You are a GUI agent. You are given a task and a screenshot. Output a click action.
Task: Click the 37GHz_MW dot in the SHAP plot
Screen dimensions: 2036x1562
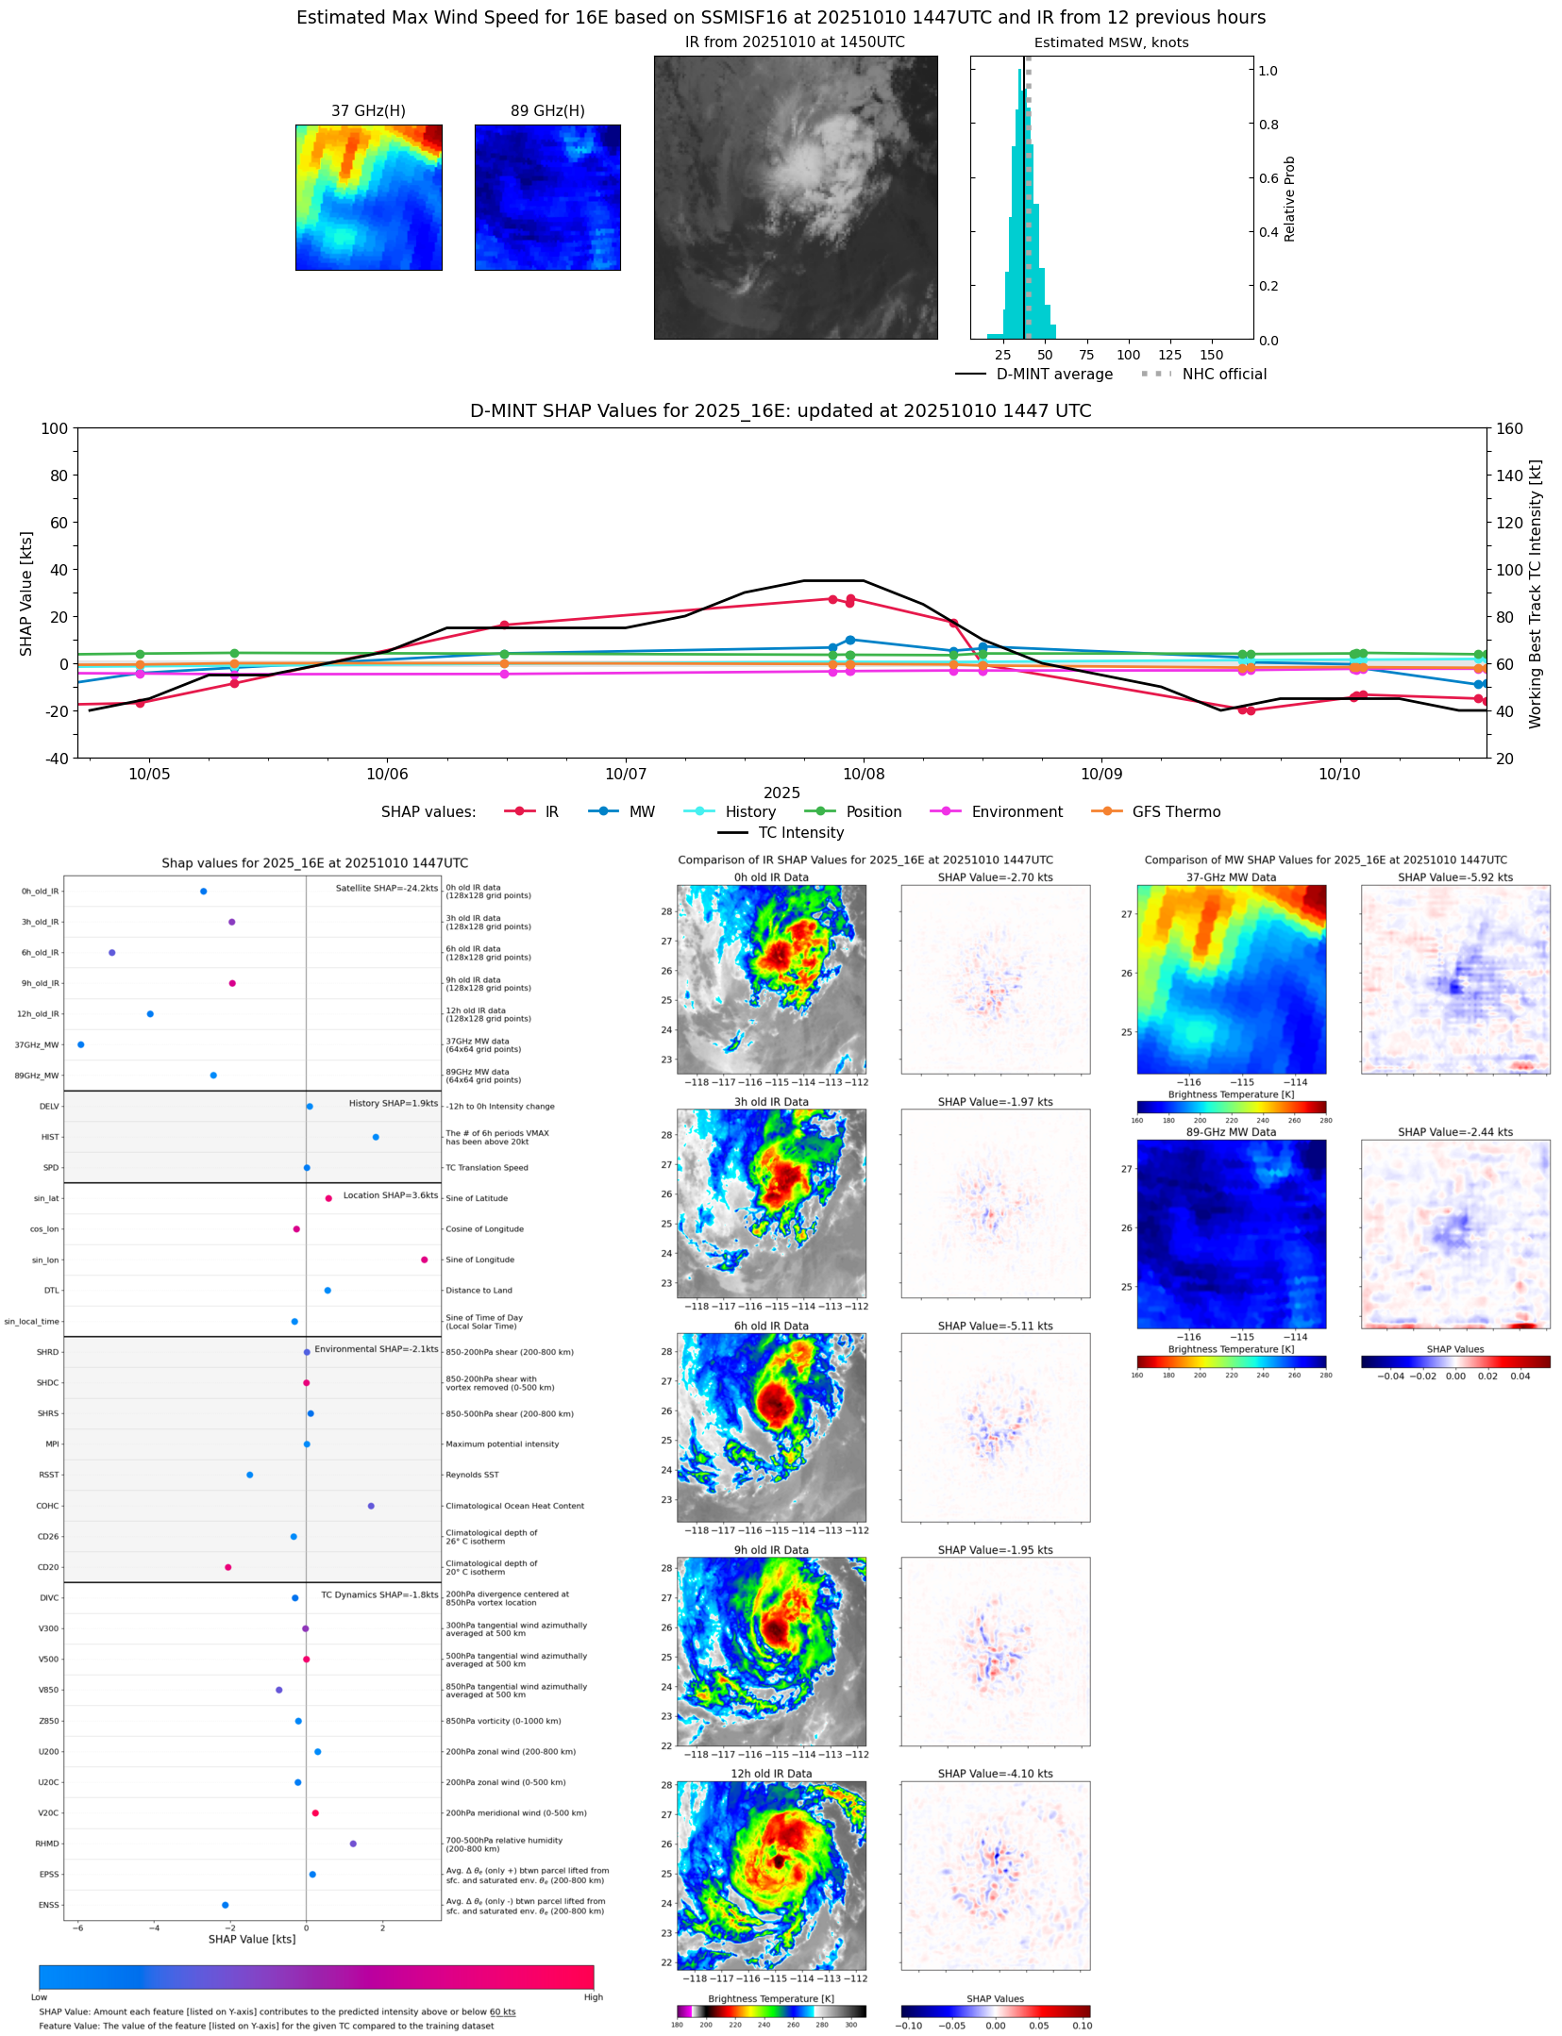click(x=81, y=1044)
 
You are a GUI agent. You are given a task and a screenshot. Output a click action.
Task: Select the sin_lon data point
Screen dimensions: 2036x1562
click(x=424, y=1260)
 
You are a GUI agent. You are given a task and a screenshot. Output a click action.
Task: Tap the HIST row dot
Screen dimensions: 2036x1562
click(x=376, y=1137)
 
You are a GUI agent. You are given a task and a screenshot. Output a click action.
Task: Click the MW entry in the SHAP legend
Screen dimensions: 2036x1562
click(x=641, y=811)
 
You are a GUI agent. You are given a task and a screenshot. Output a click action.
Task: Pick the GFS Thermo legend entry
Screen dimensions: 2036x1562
click(x=1175, y=811)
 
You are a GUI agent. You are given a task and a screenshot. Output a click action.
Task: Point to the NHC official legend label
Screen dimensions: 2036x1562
click(x=1224, y=374)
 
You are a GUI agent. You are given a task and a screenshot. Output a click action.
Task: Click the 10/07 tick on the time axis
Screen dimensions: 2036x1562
click(x=626, y=774)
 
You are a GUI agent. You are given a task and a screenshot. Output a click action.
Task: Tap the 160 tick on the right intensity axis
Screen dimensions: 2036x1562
click(x=1509, y=428)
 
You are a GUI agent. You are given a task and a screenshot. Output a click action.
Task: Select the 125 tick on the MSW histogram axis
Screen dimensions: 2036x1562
click(x=1169, y=355)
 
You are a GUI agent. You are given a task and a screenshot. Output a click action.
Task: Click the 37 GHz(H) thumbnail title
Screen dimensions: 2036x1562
click(x=368, y=110)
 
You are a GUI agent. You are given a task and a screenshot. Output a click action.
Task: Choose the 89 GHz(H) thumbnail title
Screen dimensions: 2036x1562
click(x=547, y=110)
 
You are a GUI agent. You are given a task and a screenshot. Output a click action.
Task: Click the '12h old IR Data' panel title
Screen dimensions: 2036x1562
click(x=771, y=1774)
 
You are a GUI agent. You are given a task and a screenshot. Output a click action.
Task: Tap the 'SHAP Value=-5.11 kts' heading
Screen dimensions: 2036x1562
click(x=995, y=1326)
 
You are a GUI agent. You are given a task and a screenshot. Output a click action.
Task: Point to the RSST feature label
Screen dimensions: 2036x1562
click(x=48, y=1475)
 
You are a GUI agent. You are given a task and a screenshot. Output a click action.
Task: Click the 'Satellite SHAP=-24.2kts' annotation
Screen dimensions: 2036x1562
click(x=386, y=888)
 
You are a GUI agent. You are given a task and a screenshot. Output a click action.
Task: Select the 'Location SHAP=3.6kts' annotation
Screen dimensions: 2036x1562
click(x=390, y=1195)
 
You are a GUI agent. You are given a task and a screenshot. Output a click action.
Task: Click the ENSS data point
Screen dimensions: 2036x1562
click(x=225, y=1905)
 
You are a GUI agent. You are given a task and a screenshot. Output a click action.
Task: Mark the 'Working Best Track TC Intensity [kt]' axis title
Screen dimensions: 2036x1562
click(x=1536, y=593)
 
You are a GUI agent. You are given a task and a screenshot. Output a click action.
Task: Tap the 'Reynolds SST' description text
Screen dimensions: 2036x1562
click(x=472, y=1475)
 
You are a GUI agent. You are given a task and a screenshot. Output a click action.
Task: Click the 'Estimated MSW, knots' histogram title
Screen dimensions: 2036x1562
click(x=1111, y=42)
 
